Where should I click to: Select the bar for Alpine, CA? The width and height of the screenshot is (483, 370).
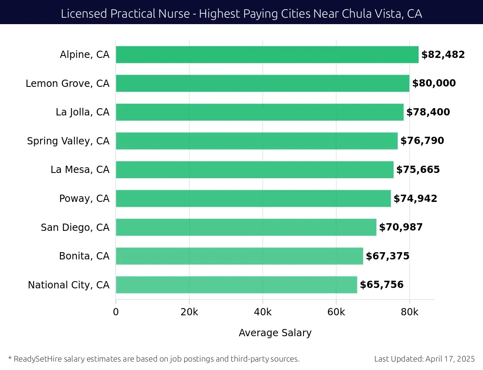(267, 55)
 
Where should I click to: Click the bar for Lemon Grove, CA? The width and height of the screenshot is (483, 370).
(262, 83)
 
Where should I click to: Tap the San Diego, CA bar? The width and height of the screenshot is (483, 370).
(246, 227)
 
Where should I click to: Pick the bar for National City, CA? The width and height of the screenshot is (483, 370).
(236, 285)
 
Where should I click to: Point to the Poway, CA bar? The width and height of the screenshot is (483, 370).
(253, 198)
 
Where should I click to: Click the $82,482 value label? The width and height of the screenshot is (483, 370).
(443, 55)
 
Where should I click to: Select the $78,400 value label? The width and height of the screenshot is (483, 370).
(428, 112)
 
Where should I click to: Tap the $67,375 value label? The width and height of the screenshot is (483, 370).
(387, 256)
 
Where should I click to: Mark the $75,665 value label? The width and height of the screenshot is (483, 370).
(418, 170)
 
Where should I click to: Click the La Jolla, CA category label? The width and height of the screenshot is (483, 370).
(83, 112)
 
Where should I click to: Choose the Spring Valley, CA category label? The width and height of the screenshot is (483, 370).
(68, 141)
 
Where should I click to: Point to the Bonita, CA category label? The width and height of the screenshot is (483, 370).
(84, 256)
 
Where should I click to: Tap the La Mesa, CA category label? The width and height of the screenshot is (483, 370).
(80, 170)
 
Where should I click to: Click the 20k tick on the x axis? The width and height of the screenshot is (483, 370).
(189, 312)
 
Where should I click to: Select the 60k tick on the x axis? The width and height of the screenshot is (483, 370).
(336, 312)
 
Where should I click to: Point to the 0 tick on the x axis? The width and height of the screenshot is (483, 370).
(116, 312)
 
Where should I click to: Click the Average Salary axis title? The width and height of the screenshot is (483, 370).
(275, 333)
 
